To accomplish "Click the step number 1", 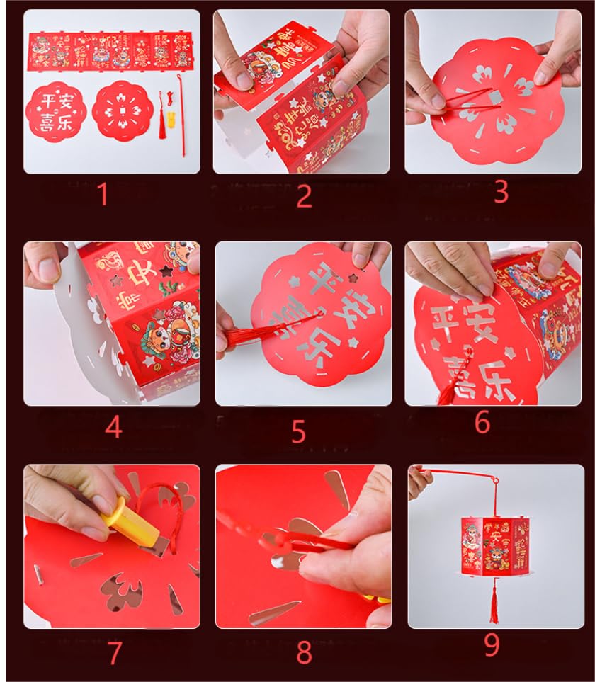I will click(x=103, y=194).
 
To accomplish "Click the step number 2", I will click(x=304, y=195).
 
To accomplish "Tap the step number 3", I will click(x=501, y=192).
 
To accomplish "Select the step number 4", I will click(x=113, y=426).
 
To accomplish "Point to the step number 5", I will click(x=298, y=431).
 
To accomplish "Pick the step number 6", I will click(x=482, y=422).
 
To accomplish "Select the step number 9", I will click(x=492, y=645).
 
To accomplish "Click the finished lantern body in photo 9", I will click(x=494, y=546).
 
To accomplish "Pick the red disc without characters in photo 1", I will click(x=123, y=110).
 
